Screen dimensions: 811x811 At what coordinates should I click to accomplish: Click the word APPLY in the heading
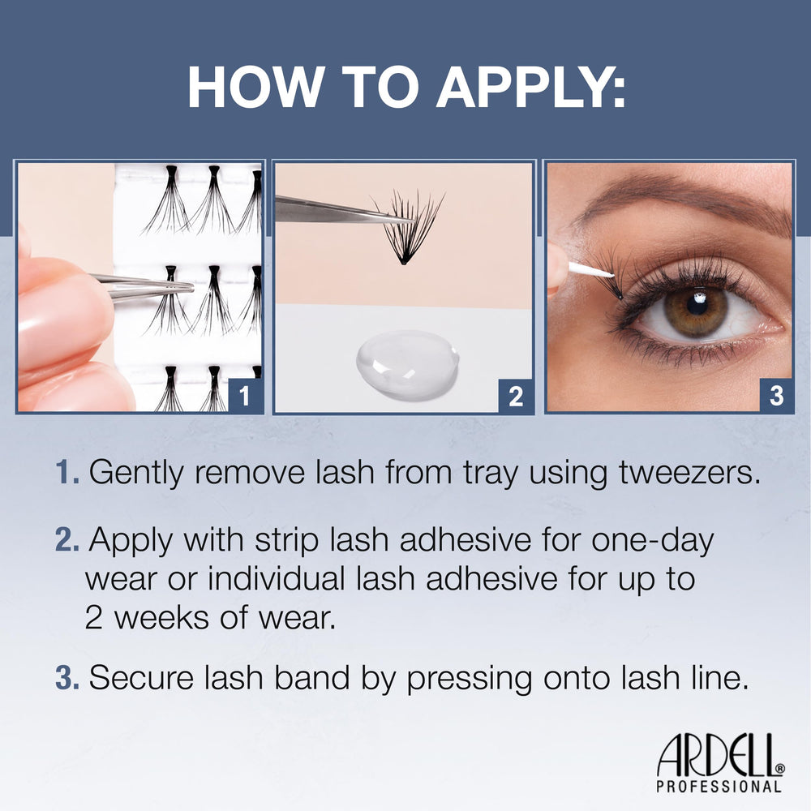pyautogui.click(x=531, y=87)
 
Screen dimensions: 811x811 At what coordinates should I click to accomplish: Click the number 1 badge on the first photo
pyautogui.click(x=245, y=397)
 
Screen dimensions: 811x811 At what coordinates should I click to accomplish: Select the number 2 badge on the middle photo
pyautogui.click(x=516, y=397)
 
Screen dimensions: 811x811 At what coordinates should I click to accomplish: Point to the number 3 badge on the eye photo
pyautogui.click(x=776, y=397)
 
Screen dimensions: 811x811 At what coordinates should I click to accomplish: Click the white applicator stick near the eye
pyautogui.click(x=590, y=271)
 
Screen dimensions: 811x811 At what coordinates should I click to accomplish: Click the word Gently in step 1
pyautogui.click(x=136, y=474)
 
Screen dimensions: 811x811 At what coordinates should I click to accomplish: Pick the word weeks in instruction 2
pyautogui.click(x=162, y=617)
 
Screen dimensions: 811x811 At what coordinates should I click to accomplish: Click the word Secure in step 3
pyautogui.click(x=141, y=677)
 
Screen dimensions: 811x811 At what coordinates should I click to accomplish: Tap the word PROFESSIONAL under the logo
pyautogui.click(x=719, y=787)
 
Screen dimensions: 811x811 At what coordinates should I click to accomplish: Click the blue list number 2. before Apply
pyautogui.click(x=67, y=540)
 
